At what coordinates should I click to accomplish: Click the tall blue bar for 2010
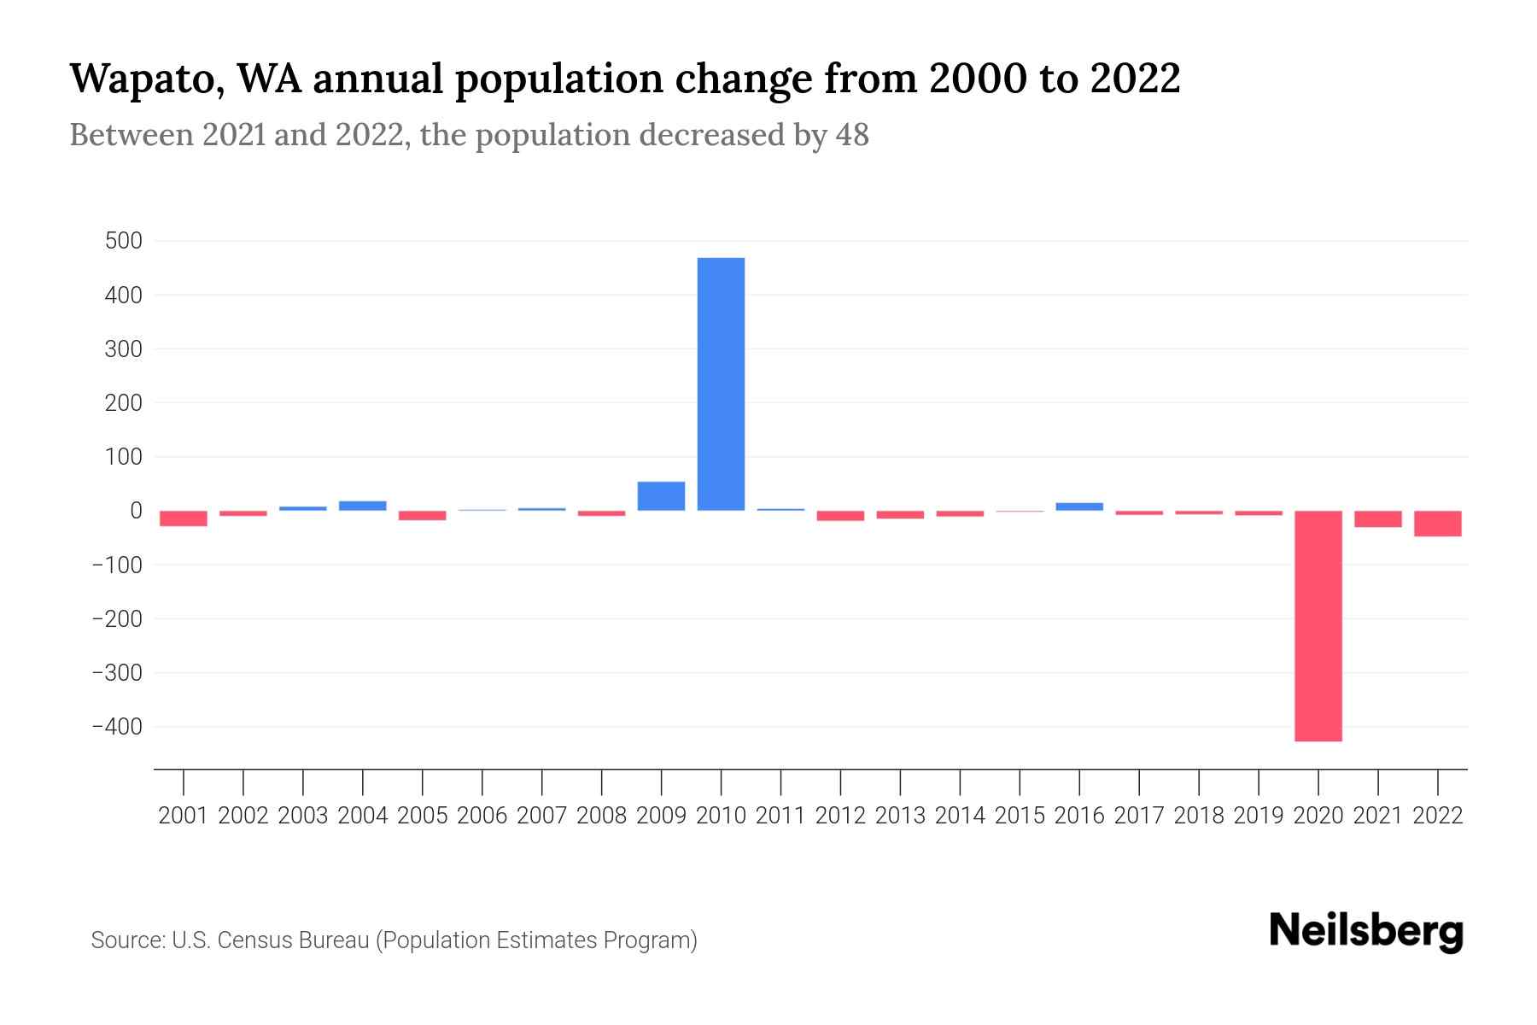721,384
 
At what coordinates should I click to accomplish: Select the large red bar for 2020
1318,625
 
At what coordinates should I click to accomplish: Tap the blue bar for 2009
661,496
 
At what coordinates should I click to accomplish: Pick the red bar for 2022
1437,524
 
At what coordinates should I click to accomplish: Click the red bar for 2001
184,518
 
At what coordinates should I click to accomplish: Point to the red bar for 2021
1377,519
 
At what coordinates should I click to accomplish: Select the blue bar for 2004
363,506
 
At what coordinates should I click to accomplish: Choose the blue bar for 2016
1079,507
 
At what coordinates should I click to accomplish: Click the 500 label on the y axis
123,241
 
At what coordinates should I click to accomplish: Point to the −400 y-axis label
117,727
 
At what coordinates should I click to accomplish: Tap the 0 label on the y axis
135,511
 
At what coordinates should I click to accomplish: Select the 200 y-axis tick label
123,403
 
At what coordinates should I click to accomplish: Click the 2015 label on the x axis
1020,816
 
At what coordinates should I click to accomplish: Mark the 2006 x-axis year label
482,816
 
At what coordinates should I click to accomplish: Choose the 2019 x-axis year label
1258,816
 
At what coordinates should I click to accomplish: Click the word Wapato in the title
144,79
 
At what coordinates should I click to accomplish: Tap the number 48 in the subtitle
851,135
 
